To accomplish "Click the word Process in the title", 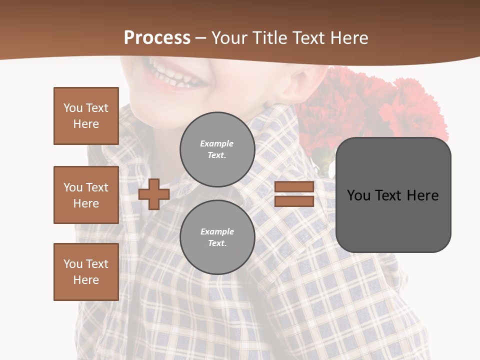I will (157, 38).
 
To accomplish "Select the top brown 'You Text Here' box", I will (86, 116).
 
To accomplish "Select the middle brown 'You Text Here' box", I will (86, 195).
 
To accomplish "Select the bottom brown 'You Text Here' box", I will (86, 272).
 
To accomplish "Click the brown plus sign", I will (154, 194).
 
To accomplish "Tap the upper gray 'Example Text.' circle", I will (217, 149).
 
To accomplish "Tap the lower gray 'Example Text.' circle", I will (217, 237).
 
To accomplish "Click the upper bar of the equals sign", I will (294, 186).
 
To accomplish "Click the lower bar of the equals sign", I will (294, 201).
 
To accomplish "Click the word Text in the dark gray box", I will (392, 195).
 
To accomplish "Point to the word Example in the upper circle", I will (217, 143).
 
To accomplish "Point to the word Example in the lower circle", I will (217, 231).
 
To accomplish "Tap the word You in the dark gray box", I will (358, 195).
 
